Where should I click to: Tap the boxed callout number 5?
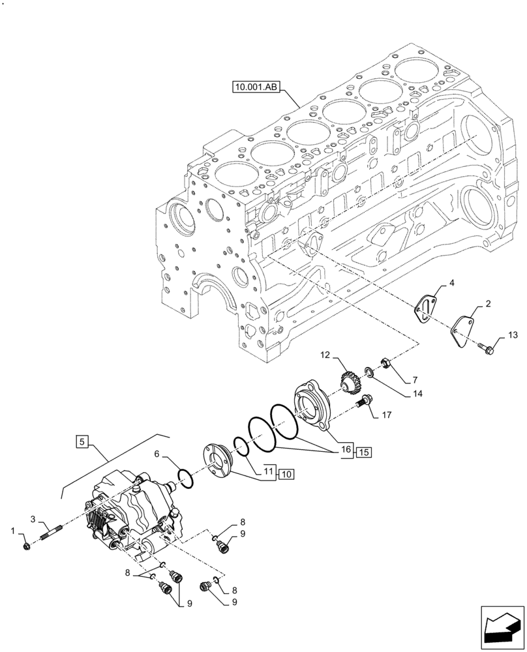pos(82,442)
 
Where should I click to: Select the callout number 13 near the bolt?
pos(512,336)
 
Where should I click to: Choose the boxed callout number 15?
pos(363,451)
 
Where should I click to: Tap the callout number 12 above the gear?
pos(325,355)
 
